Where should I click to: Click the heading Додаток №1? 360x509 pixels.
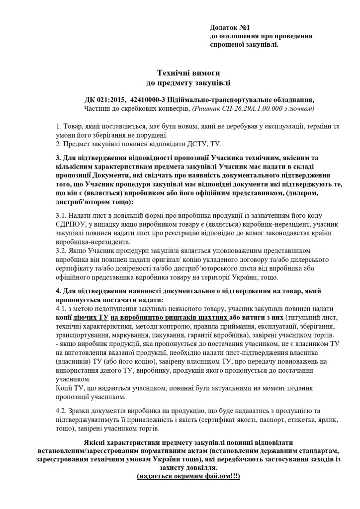click(x=233, y=28)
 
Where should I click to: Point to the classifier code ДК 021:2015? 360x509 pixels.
click(x=105, y=98)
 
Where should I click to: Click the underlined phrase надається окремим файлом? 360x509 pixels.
click(x=188, y=476)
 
